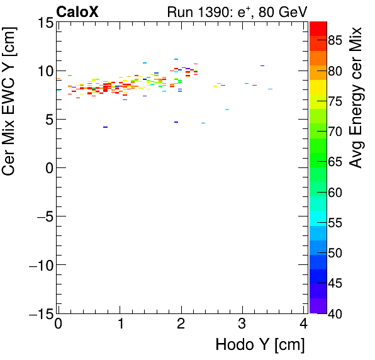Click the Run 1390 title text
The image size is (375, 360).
click(237, 11)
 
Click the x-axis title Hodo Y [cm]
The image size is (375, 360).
click(260, 345)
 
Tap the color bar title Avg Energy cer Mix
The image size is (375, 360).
click(356, 98)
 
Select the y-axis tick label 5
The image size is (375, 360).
click(48, 120)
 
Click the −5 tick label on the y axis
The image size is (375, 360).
click(42, 217)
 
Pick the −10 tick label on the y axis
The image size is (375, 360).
click(38, 265)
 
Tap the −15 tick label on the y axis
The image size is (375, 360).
click(38, 313)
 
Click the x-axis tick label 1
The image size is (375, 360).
click(120, 323)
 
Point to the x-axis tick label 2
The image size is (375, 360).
click(181, 323)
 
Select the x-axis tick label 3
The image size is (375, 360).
click(243, 323)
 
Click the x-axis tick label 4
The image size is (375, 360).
click(304, 323)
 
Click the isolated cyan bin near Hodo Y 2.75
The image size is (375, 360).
click(227, 110)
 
